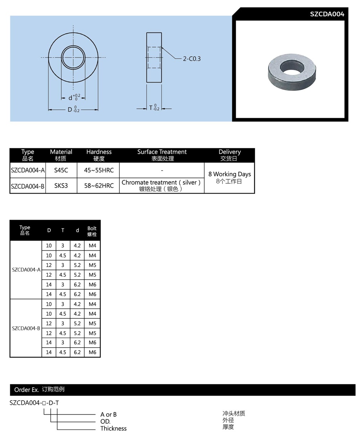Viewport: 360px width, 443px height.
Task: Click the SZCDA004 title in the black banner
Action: tap(327, 14)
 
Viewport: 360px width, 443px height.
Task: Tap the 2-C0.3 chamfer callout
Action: tap(192, 59)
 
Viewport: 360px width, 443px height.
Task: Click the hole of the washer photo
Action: tap(291, 67)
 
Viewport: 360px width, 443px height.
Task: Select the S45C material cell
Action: tap(61, 170)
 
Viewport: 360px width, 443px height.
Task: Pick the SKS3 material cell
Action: tap(61, 186)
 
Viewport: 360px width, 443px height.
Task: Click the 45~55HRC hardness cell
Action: tap(99, 170)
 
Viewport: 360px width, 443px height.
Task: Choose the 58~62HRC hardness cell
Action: tap(99, 186)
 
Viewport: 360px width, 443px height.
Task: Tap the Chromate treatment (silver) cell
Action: tap(161, 185)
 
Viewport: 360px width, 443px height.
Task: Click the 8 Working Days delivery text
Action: tap(229, 174)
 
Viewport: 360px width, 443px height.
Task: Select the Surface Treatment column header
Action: tap(162, 155)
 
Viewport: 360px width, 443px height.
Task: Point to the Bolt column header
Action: tap(92, 231)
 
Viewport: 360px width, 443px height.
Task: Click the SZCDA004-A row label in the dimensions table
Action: tap(26, 270)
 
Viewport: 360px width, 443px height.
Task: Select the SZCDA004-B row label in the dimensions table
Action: tap(26, 328)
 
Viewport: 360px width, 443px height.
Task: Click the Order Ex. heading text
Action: tap(26, 390)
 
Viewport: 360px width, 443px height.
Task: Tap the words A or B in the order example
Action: tap(108, 415)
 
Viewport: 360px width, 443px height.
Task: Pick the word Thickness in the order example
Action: tap(113, 429)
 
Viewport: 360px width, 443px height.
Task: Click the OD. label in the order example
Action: tap(105, 422)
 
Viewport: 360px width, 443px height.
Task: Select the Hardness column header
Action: tap(99, 155)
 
